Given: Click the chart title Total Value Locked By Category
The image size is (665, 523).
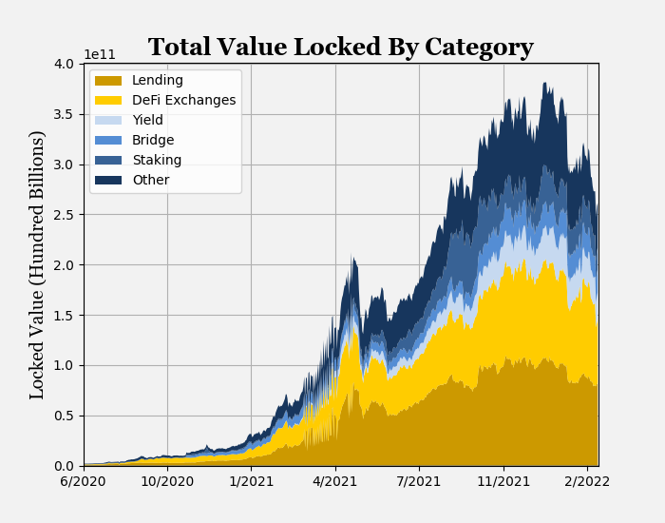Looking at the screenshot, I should pyautogui.click(x=340, y=48).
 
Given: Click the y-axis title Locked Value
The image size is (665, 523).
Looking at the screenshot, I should pyautogui.click(x=38, y=264).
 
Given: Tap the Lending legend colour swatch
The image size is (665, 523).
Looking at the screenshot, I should pyautogui.click(x=108, y=81).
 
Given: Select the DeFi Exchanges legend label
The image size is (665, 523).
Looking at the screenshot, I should pyautogui.click(x=183, y=101).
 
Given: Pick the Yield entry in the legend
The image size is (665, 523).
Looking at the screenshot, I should pyautogui.click(x=147, y=121).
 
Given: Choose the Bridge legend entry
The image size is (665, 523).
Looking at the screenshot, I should pyautogui.click(x=153, y=141).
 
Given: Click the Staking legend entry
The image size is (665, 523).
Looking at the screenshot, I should pyautogui.click(x=157, y=161).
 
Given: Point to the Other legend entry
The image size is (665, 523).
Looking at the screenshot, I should pyautogui.click(x=150, y=181).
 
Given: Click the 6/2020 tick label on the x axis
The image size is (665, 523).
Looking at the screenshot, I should pyautogui.click(x=84, y=482).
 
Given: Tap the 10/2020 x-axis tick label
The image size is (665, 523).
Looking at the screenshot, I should pyautogui.click(x=167, y=482).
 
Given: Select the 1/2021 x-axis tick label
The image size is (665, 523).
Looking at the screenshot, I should pyautogui.click(x=252, y=482).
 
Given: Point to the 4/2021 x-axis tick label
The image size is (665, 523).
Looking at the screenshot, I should pyautogui.click(x=335, y=482).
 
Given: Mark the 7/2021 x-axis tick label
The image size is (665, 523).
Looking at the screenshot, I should pyautogui.click(x=419, y=482).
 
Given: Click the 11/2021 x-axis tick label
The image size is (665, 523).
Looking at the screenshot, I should pyautogui.click(x=503, y=482).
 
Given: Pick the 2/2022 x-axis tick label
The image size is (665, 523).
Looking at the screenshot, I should pyautogui.click(x=587, y=482).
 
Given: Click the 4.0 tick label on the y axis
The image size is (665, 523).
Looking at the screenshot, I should pyautogui.click(x=64, y=64).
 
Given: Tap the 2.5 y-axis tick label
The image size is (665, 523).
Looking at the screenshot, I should pyautogui.click(x=64, y=215).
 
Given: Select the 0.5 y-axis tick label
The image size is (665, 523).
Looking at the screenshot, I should pyautogui.click(x=64, y=416).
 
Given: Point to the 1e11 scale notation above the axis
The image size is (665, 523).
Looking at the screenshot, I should pyautogui.click(x=100, y=54).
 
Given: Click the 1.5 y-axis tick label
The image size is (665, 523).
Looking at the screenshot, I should pyautogui.click(x=64, y=315).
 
